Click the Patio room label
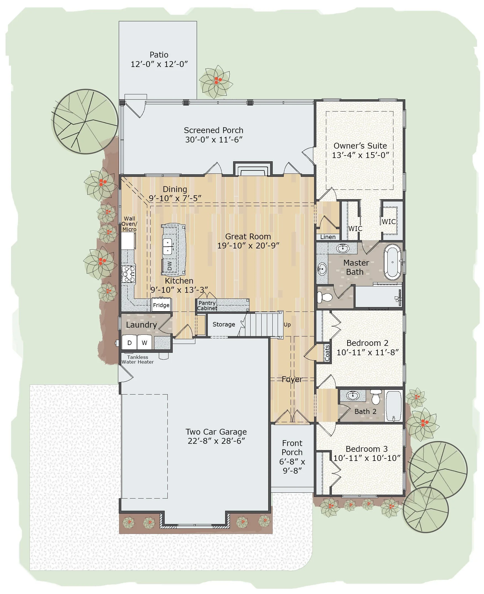click(159, 55)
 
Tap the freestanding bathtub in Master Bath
click(392, 262)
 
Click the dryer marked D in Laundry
click(129, 343)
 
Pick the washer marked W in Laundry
click(144, 343)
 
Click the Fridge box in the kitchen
click(161, 305)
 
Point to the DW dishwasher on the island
click(170, 265)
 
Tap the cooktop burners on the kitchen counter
click(128, 274)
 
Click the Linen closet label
click(328, 237)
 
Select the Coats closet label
click(327, 353)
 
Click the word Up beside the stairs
click(287, 325)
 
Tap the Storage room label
click(223, 324)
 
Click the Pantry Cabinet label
click(207, 305)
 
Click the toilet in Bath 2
click(376, 397)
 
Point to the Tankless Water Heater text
click(138, 360)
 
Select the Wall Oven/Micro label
click(129, 224)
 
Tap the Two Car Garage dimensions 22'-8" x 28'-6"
click(216, 441)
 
